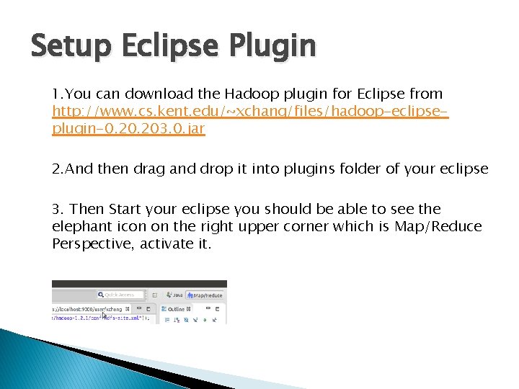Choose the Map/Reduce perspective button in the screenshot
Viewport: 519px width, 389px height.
pyautogui.click(x=205, y=295)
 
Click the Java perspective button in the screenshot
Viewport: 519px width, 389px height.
pyautogui.click(x=174, y=295)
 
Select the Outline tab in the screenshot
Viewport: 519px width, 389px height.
pyautogui.click(x=176, y=309)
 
